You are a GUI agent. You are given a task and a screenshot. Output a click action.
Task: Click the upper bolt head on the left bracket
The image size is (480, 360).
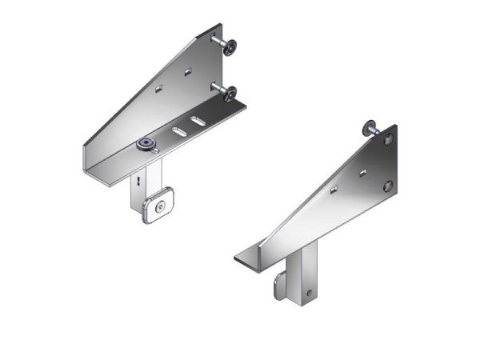tap(230, 48)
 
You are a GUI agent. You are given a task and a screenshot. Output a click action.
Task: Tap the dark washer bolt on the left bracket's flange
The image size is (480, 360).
tap(146, 144)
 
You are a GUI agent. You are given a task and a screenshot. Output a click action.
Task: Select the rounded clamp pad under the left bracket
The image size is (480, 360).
tap(159, 207)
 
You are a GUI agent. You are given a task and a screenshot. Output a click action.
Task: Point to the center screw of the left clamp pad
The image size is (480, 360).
tap(162, 207)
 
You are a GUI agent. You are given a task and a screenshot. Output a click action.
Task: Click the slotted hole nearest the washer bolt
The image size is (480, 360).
tap(176, 130)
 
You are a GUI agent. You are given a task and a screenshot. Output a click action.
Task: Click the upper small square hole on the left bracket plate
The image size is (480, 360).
tap(187, 72)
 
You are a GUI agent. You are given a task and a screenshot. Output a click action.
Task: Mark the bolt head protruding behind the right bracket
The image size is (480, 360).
tap(370, 126)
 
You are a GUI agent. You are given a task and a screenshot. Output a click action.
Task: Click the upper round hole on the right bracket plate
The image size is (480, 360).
tap(389, 140)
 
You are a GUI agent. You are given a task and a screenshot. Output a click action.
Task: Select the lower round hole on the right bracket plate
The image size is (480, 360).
tap(388, 186)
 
